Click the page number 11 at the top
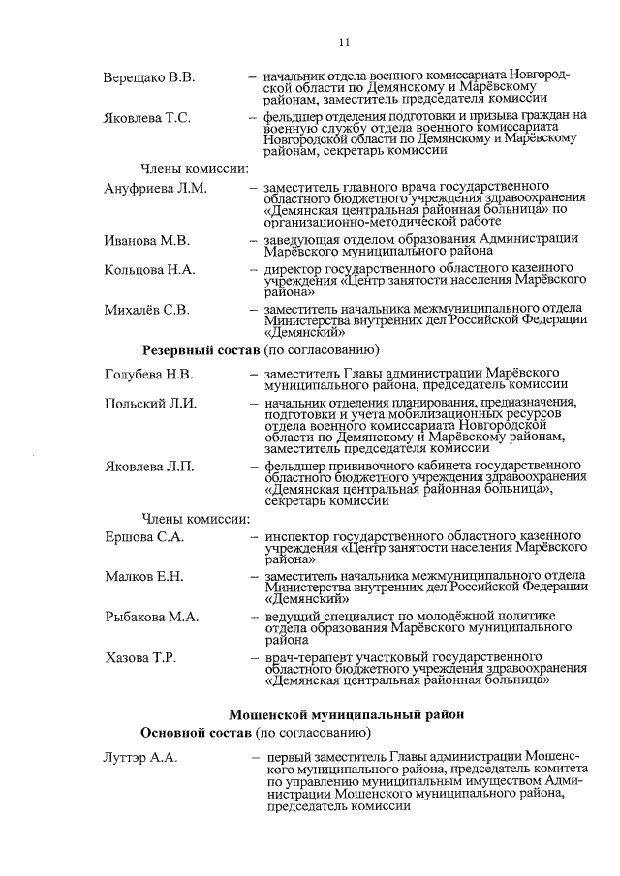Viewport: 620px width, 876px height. (x=344, y=42)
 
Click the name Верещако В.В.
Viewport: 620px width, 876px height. (x=148, y=76)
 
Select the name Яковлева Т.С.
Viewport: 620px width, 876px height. (x=147, y=118)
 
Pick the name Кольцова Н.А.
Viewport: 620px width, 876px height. (x=149, y=269)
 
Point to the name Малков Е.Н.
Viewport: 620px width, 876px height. (x=143, y=577)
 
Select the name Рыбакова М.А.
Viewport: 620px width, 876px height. (x=151, y=617)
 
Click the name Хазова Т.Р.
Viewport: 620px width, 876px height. (x=139, y=658)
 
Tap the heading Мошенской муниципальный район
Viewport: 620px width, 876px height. (x=346, y=714)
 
